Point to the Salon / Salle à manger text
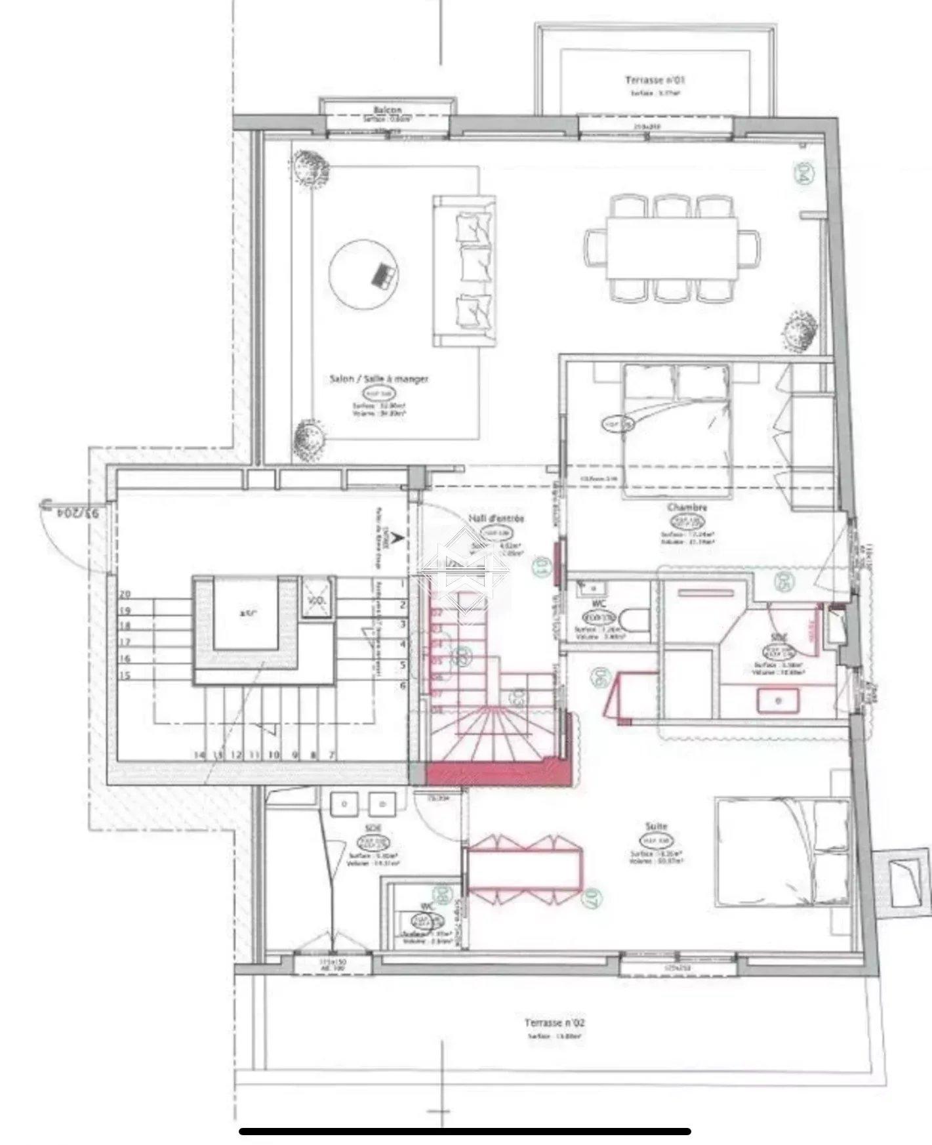pyautogui.click(x=379, y=379)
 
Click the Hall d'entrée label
pyautogui.click(x=496, y=518)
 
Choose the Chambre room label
pyautogui.click(x=687, y=508)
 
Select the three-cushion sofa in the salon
pyautogui.click(x=463, y=270)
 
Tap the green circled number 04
pyautogui.click(x=801, y=175)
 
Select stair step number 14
pyautogui.click(x=199, y=755)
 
